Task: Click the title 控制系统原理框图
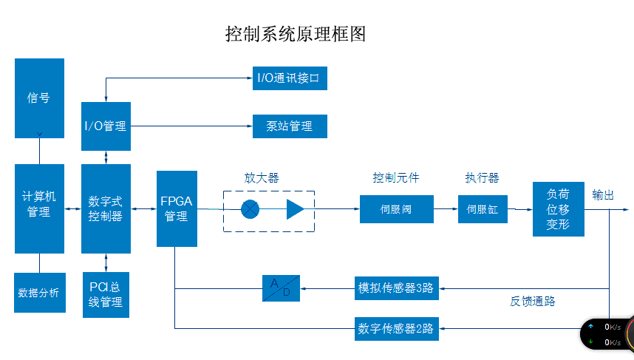pos(296,34)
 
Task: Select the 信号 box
pos(39,98)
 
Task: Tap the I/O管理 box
pos(106,126)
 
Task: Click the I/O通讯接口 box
pos(289,78)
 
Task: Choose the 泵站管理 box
pos(289,126)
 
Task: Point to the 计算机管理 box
pos(39,208)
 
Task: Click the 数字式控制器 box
pos(106,208)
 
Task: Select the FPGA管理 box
pos(177,208)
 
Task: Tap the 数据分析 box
pos(39,293)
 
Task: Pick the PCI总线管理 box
pos(106,294)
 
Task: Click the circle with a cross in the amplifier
pos(250,209)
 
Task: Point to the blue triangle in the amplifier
pos(296,209)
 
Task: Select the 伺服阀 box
pos(396,209)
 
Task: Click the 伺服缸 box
pos(483,209)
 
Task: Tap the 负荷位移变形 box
pos(558,209)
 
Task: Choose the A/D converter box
pos(282,288)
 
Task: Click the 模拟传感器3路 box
pos(396,288)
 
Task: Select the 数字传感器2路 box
pos(396,327)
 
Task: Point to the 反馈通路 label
pos(532,302)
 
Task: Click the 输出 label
pos(603,195)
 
